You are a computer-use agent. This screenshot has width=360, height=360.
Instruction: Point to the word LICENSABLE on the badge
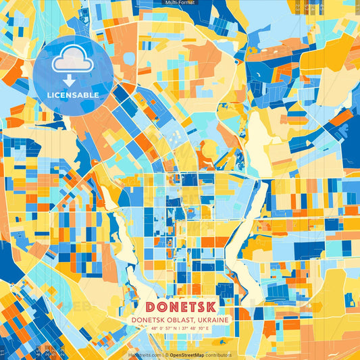73,95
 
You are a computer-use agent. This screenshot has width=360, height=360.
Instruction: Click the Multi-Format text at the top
180,3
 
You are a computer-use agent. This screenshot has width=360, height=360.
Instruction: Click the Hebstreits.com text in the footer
145,355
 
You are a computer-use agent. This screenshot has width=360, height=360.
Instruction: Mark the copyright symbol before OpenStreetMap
166,355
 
